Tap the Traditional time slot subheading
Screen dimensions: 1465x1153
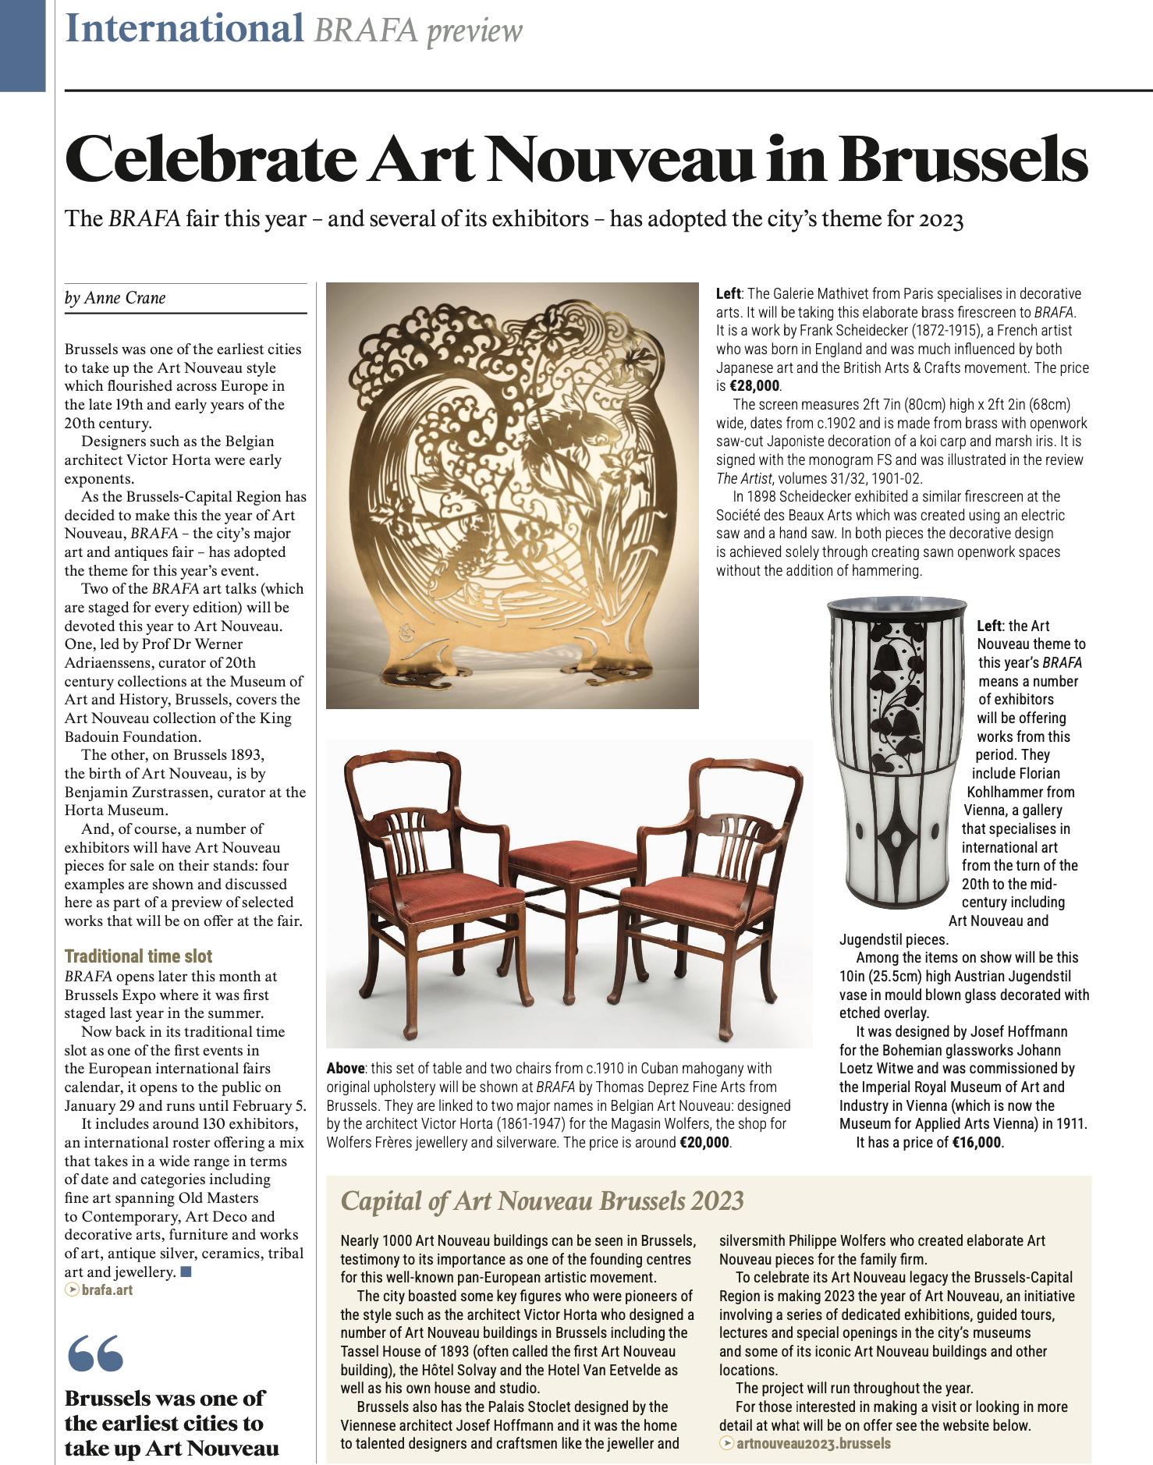[138, 956]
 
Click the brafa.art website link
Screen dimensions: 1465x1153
[107, 1290]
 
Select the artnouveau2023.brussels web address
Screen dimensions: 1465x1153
[813, 1443]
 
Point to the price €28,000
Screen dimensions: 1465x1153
[754, 386]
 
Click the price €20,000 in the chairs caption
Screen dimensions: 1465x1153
[704, 1143]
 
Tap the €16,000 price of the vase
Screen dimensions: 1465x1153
[977, 1143]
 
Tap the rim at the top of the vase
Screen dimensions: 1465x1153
[897, 605]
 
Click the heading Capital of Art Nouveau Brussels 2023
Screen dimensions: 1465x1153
[542, 1201]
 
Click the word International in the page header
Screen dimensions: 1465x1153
[185, 29]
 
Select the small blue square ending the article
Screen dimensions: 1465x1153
[186, 1272]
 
